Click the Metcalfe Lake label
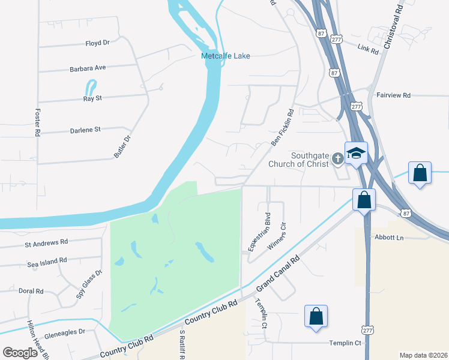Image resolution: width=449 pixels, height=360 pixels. [x=225, y=56]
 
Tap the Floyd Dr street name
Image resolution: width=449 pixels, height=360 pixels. [x=97, y=43]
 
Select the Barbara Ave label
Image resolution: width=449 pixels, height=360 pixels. [x=88, y=68]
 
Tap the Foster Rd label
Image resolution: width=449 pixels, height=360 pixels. [x=37, y=121]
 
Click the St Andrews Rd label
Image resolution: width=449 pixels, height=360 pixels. [x=46, y=243]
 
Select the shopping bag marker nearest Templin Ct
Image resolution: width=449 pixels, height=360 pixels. [x=316, y=316]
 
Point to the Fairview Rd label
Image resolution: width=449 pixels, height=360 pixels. [x=393, y=95]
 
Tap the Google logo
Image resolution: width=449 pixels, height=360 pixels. [x=20, y=353]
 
